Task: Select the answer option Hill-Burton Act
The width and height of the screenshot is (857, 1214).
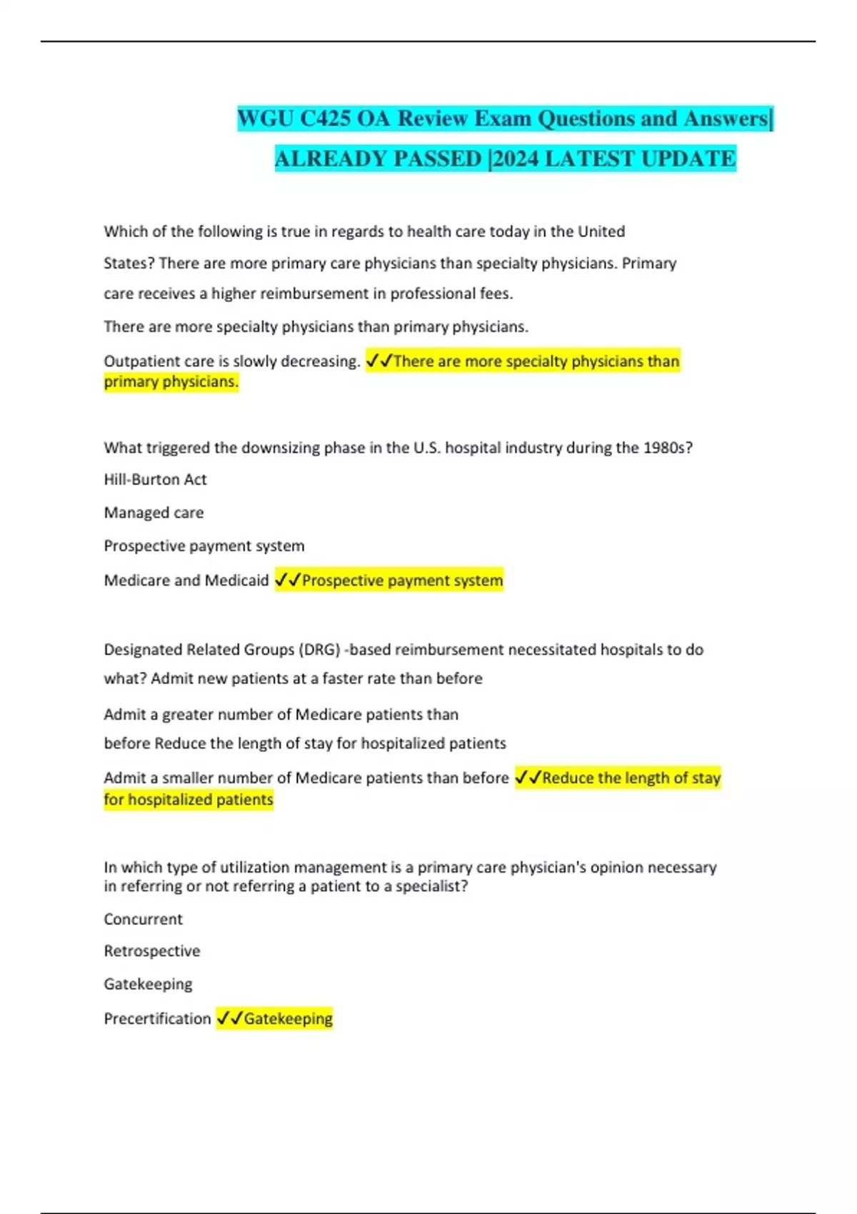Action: tap(155, 480)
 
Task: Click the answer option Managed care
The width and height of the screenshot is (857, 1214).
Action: tap(154, 513)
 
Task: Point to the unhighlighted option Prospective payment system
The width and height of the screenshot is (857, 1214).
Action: tap(204, 546)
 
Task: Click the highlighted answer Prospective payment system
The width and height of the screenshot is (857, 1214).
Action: tap(402, 581)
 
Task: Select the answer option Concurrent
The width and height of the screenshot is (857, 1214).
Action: tap(143, 920)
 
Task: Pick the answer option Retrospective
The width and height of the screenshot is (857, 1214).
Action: tap(152, 951)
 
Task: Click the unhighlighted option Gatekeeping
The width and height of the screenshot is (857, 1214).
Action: tap(148, 985)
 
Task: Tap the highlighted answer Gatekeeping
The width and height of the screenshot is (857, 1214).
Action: tap(289, 1019)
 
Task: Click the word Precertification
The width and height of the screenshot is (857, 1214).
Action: tap(157, 1019)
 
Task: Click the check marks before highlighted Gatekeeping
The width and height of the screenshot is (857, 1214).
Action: tap(229, 1018)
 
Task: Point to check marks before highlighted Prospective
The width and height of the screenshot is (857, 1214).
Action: tap(288, 581)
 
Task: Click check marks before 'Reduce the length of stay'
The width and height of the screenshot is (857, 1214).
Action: tap(528, 778)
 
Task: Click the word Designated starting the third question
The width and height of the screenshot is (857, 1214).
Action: tap(143, 650)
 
